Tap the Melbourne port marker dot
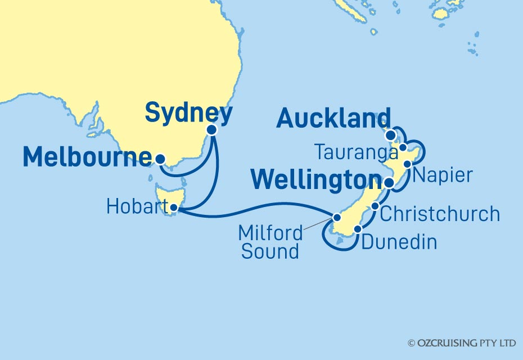[160, 159]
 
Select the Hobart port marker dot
[174, 209]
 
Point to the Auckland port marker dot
[390, 136]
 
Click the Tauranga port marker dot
[403, 147]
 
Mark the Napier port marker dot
[408, 164]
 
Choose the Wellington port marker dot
[389, 183]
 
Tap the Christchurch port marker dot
[376, 206]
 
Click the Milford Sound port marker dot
[337, 217]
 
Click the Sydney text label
[188, 114]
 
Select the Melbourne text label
[88, 158]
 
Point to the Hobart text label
[135, 208]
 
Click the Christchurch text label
[440, 214]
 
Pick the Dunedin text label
[399, 242]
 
